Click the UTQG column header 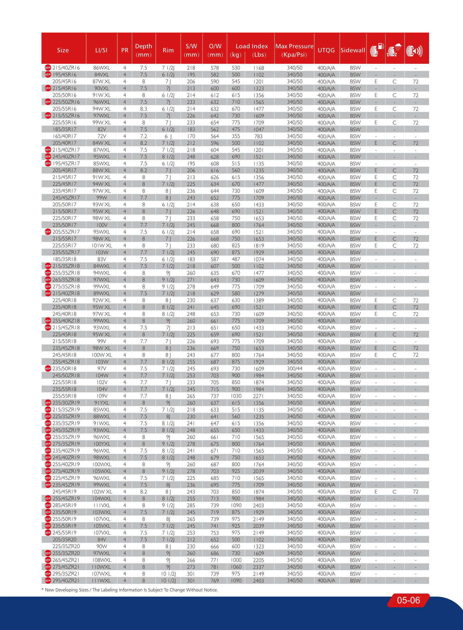coord(326,50)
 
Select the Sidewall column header coord(353,50)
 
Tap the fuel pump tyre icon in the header coord(376,50)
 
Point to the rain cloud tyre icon coord(394,50)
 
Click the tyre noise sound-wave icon coord(414,51)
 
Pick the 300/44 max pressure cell coord(294,369)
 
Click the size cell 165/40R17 coord(64,136)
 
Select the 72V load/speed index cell coord(102,136)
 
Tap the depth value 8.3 coord(143,109)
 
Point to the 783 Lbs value coord(258,136)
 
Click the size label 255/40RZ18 coord(66,321)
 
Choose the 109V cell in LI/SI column coord(102,396)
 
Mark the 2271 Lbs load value coord(258,396)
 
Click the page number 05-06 coord(408,600)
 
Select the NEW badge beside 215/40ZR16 coord(48,68)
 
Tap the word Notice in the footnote coord(211,590)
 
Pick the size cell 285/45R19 coord(64,505)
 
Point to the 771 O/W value coord(215,560)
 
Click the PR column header coord(125,50)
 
